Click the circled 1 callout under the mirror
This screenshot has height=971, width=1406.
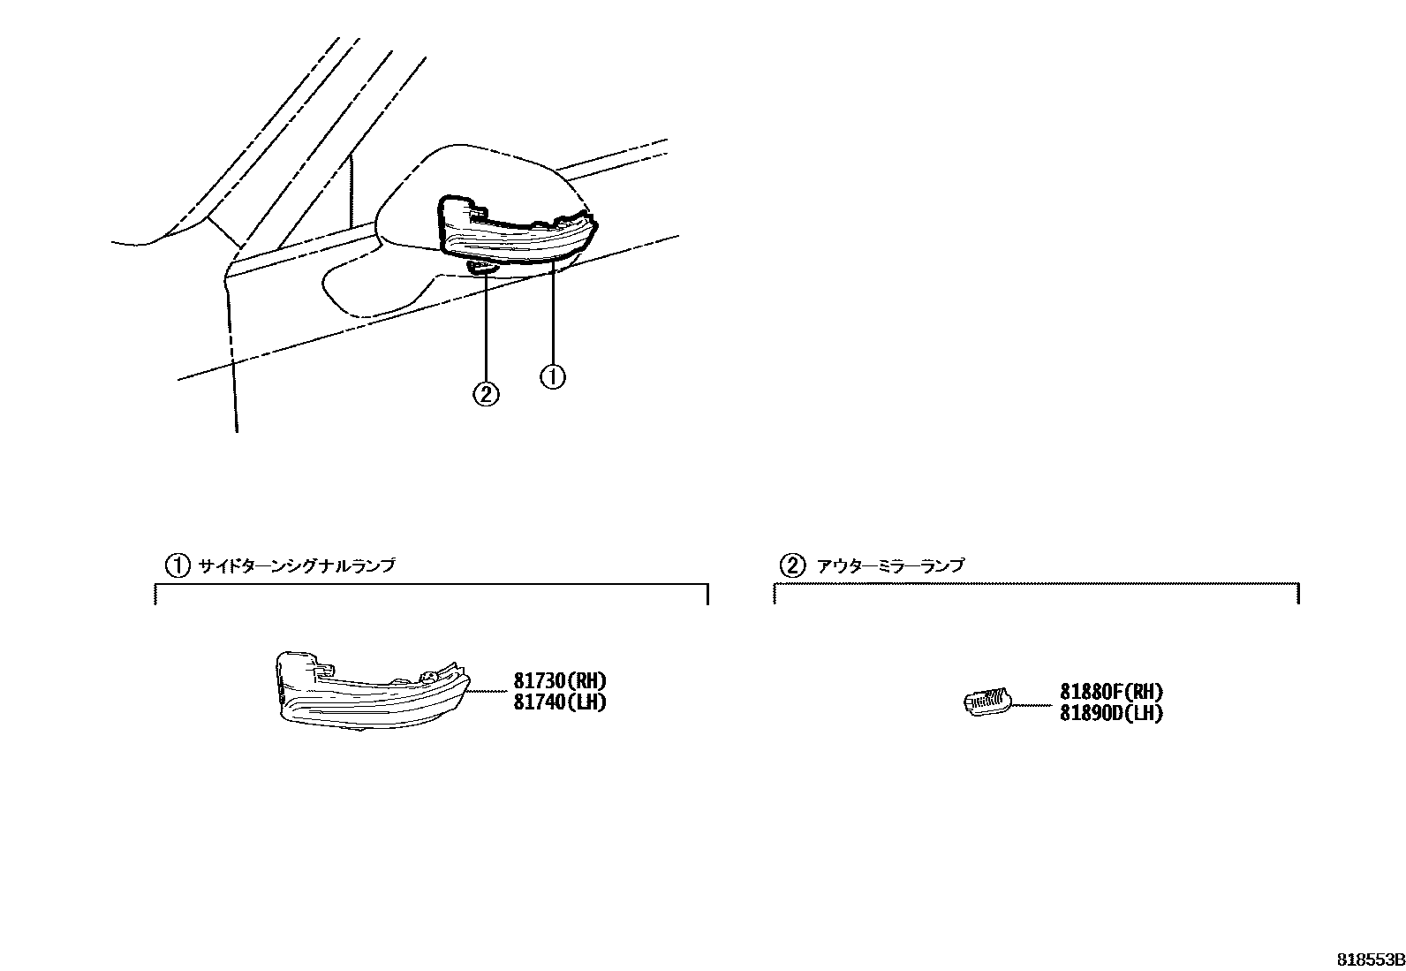pyautogui.click(x=552, y=377)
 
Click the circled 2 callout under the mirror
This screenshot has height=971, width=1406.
pyautogui.click(x=486, y=393)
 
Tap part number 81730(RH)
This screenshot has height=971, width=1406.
pyautogui.click(x=561, y=681)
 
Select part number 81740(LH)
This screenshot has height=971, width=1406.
pyautogui.click(x=561, y=703)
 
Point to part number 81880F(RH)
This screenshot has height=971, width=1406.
pyautogui.click(x=1111, y=693)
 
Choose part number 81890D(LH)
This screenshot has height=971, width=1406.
pyautogui.click(x=1111, y=713)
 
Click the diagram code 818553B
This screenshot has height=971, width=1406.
pyautogui.click(x=1369, y=960)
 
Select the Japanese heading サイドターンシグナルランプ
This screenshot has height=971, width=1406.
pyautogui.click(x=296, y=565)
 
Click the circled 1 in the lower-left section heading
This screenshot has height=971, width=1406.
pyautogui.click(x=178, y=565)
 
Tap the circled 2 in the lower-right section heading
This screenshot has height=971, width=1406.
pyautogui.click(x=792, y=565)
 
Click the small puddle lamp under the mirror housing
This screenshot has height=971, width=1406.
pyautogui.click(x=482, y=266)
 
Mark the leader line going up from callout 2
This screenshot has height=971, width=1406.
pyautogui.click(x=486, y=327)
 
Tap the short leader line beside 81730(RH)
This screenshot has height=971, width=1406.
pyautogui.click(x=487, y=691)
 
